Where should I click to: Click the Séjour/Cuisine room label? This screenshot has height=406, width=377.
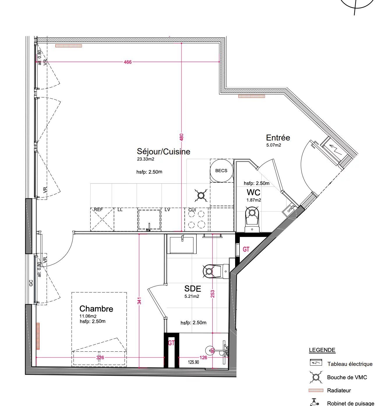163,152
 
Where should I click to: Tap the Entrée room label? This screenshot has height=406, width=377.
278,138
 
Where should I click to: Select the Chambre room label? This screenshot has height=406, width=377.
96,309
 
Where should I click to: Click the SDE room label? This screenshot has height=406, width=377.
193,289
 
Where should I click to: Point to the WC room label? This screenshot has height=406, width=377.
253,192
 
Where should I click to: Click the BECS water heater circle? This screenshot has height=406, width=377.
221,171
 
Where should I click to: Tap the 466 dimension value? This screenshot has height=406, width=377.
128,62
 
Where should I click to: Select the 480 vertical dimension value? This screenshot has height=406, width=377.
182,137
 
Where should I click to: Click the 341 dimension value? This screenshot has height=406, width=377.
139,301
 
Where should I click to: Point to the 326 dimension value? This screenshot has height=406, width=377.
100,357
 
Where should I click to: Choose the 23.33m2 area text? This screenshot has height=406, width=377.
145,159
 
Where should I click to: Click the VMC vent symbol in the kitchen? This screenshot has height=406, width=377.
201,195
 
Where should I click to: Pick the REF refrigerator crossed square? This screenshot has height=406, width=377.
102,220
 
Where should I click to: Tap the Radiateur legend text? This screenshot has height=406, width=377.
339,391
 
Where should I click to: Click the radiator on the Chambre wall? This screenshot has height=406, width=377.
38,336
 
